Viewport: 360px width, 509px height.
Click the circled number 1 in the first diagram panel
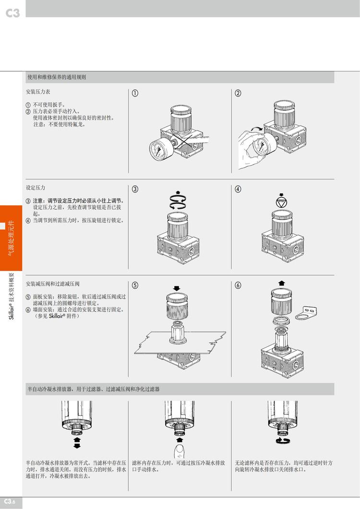[x=135, y=93]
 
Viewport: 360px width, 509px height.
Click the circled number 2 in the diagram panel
[x=238, y=93]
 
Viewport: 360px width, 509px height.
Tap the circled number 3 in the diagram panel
[x=135, y=189]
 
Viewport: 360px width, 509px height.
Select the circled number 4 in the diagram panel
[x=238, y=189]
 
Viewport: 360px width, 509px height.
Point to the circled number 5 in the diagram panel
[x=135, y=285]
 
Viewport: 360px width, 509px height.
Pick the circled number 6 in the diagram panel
[x=238, y=285]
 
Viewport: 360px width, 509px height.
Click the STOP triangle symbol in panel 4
[x=281, y=202]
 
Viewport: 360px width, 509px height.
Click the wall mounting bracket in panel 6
[x=306, y=312]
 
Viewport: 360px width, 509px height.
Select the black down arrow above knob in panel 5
[x=177, y=288]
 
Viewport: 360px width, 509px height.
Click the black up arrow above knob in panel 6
[x=281, y=283]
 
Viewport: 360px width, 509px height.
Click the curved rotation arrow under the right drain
[x=282, y=440]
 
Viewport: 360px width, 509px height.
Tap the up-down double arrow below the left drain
[x=77, y=442]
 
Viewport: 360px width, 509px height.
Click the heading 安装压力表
[x=38, y=92]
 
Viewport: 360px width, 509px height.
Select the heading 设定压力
[x=36, y=188]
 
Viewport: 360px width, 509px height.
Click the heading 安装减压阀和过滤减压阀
[x=53, y=284]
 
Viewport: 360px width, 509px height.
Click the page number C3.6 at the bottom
[x=10, y=501]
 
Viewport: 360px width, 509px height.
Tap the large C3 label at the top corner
[x=12, y=13]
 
